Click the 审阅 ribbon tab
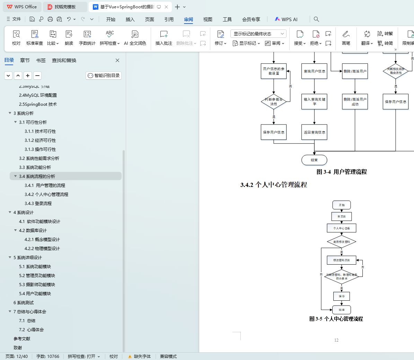[188, 19]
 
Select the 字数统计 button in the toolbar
[87, 38]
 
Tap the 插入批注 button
[164, 38]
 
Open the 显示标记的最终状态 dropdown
[258, 34]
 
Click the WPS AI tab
[286, 19]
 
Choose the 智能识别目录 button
[104, 76]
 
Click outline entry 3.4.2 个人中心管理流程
[46, 195]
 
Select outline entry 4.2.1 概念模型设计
[42, 240]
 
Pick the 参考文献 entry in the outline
[22, 339]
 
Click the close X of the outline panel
[117, 60]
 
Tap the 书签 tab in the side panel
[41, 60]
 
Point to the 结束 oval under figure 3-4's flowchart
[314, 160]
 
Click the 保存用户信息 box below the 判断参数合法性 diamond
[274, 132]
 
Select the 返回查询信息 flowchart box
[314, 132]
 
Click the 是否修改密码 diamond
[341, 242]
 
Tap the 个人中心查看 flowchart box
[342, 228]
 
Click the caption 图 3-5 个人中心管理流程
[336, 319]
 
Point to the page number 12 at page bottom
[336, 340]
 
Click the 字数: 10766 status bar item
[48, 357]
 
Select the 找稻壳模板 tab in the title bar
[65, 7]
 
